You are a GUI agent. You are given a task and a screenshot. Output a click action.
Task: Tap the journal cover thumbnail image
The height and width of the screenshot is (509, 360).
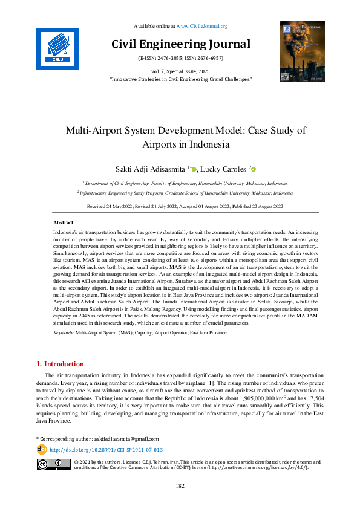[302, 51]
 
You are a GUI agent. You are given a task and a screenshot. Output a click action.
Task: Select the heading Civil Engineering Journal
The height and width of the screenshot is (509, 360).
[180, 44]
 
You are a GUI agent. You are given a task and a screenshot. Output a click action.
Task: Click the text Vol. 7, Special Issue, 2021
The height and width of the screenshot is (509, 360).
[180, 71]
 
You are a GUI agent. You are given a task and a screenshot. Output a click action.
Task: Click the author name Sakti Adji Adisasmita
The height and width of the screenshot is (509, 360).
[144, 170]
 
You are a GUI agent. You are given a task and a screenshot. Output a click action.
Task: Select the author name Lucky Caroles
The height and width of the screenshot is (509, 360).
[222, 170]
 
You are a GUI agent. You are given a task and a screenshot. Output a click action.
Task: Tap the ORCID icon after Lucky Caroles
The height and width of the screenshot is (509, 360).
[254, 170]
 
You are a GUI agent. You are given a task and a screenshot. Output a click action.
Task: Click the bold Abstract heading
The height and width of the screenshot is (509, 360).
[64, 223]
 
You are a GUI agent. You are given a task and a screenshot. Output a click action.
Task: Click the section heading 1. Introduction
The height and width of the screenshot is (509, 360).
[60, 364]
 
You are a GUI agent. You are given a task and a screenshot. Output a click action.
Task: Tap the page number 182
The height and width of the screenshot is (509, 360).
[180, 485]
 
